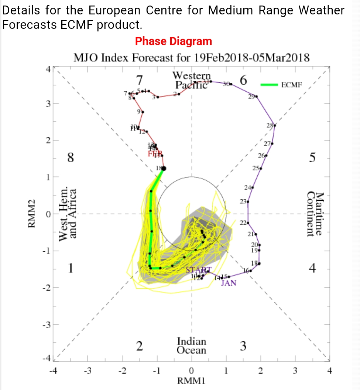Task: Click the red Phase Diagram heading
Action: [174, 41]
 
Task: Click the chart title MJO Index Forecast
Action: [191, 58]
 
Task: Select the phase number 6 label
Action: [243, 80]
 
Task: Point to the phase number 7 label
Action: [139, 80]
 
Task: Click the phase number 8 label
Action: [70, 158]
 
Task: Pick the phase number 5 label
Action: [312, 158]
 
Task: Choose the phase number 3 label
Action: [243, 346]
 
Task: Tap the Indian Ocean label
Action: [191, 346]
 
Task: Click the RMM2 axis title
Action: [32, 214]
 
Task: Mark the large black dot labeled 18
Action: [164, 169]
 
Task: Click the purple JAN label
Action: [229, 283]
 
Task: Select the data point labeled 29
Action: [257, 96]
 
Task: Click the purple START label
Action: [199, 270]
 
